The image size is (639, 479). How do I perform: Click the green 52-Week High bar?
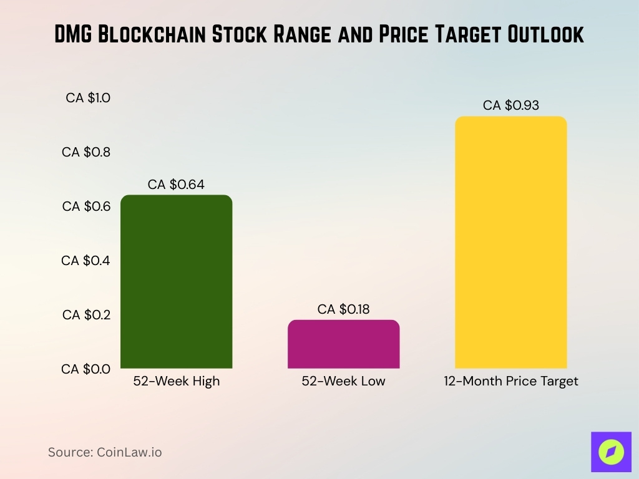[x=176, y=282]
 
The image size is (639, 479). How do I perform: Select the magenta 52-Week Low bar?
[x=343, y=344]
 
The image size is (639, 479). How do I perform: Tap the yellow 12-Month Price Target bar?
[x=511, y=243]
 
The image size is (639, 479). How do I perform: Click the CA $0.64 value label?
[x=176, y=185]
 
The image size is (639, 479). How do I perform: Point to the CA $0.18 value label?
[x=343, y=309]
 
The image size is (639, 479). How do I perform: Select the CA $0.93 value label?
[x=511, y=105]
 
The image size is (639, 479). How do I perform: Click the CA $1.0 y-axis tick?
[x=88, y=98]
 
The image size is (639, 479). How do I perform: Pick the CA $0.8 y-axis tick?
[x=86, y=152]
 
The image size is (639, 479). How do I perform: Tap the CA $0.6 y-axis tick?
[x=86, y=206]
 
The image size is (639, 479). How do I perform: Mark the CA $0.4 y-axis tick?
[x=86, y=261]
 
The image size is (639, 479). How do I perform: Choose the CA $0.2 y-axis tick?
[x=86, y=315]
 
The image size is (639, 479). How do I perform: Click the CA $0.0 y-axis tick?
[x=86, y=369]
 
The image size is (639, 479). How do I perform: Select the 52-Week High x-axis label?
[x=177, y=382]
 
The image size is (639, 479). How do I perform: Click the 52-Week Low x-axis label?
[x=343, y=382]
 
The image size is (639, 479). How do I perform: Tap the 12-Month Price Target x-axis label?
[x=511, y=382]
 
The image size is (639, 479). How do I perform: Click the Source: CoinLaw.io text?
[x=105, y=452]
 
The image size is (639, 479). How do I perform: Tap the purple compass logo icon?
[x=611, y=452]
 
